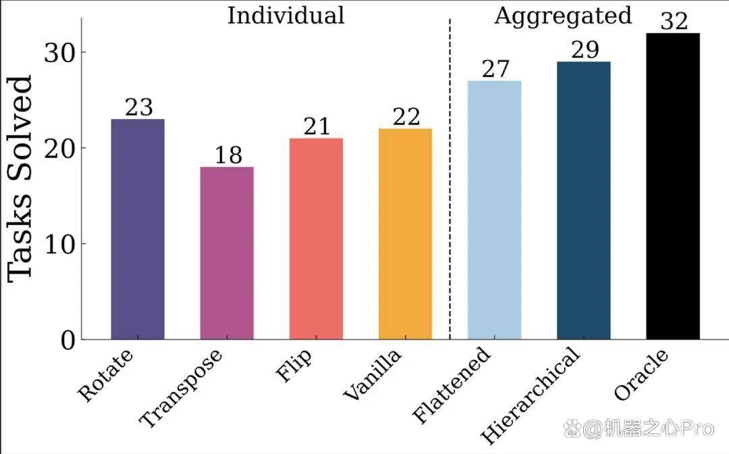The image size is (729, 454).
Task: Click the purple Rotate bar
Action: coord(138,229)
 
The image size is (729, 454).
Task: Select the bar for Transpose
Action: coord(227,253)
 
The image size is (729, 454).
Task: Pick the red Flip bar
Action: coord(316,238)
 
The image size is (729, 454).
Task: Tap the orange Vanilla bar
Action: coord(406,234)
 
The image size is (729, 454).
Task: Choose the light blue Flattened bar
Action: coord(494,210)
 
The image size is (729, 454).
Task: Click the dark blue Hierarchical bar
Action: coord(583,201)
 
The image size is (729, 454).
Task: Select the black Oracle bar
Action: coord(673,186)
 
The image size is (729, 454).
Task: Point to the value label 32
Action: coord(674,21)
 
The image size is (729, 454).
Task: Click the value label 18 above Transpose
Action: coord(228,155)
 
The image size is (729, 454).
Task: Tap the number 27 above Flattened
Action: coord(495,69)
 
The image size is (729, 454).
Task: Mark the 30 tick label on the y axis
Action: coord(59,53)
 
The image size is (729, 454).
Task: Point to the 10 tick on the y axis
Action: coord(59,244)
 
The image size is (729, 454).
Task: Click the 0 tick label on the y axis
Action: coord(68,340)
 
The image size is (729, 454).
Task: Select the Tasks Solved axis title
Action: coord(20,179)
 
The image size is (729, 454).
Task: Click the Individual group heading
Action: coord(286,16)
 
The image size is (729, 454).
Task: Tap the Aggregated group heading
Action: coord(563,16)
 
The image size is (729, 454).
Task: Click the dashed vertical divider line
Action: coord(450,180)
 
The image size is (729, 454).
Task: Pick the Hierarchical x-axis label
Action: coord(531,395)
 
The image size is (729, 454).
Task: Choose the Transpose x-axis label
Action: coord(181,388)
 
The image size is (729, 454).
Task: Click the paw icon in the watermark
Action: coord(572,428)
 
